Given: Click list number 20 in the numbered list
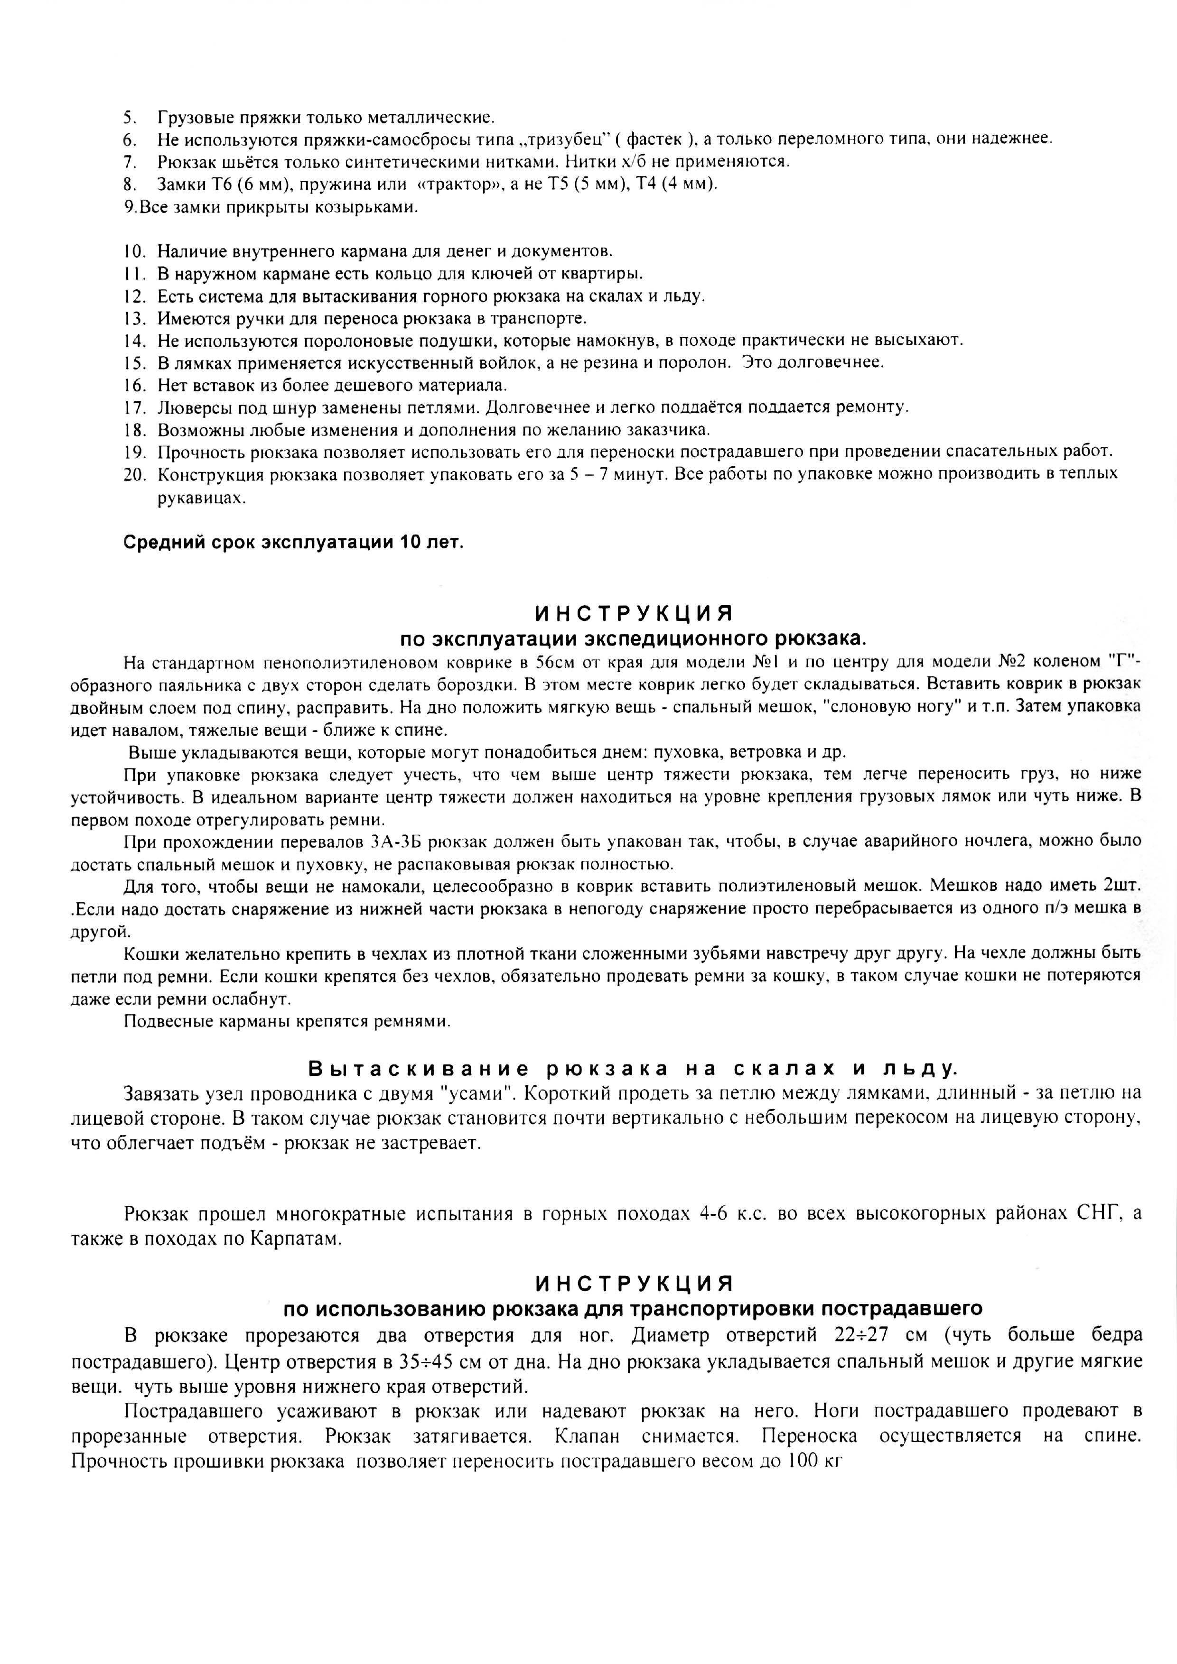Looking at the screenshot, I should click(x=135, y=474).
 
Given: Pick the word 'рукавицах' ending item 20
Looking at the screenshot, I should click(x=200, y=499).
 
